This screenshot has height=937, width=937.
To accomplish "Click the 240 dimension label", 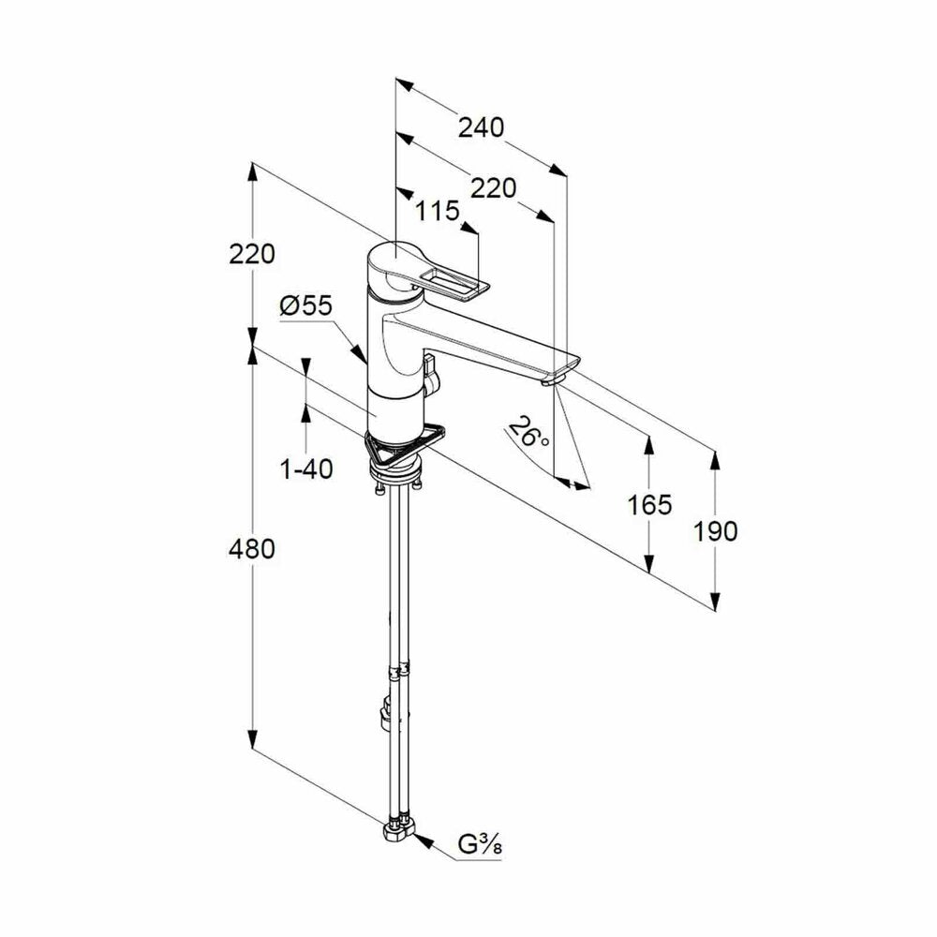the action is [481, 127].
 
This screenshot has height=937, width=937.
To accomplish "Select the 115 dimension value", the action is [438, 210].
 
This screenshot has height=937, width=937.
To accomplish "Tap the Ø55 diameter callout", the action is [305, 306].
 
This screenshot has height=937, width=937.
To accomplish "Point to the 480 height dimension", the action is [251, 549].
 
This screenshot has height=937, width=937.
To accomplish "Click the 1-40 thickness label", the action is [306, 469].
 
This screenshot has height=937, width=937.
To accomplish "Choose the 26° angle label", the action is [528, 432].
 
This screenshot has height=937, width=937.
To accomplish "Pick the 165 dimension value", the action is [649, 505].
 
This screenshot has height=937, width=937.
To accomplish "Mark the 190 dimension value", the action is [715, 531].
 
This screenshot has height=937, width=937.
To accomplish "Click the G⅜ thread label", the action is [479, 845].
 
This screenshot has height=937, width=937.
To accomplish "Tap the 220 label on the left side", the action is [251, 254].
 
